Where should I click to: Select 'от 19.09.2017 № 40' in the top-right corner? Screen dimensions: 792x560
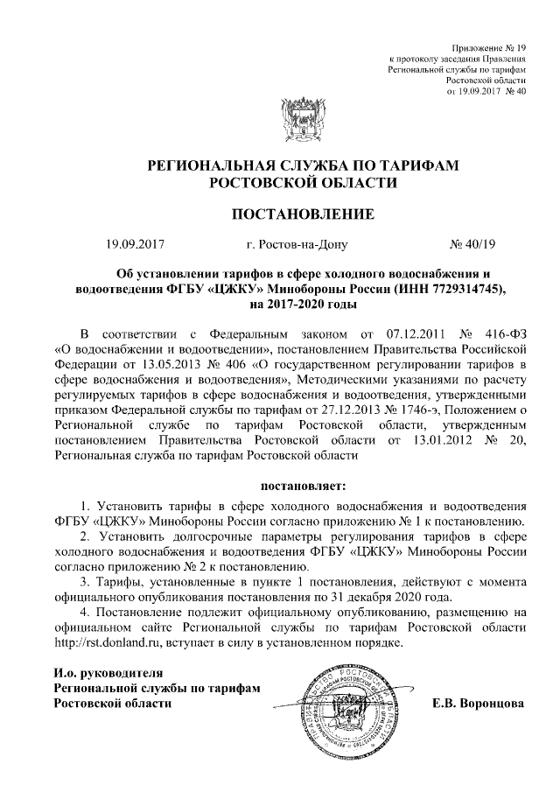pyautogui.click(x=486, y=90)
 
